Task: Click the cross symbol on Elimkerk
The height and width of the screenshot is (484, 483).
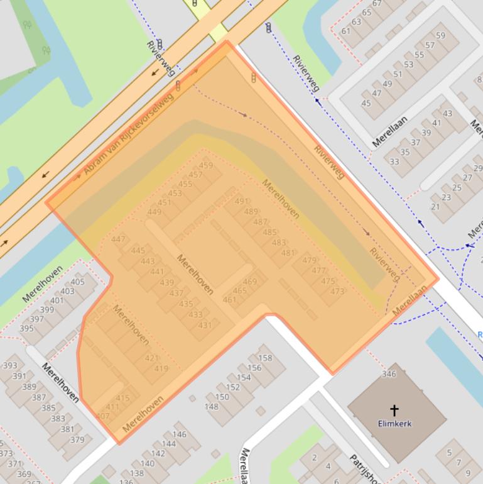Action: [x=394, y=410]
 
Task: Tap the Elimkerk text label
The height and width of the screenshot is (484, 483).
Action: [x=394, y=424]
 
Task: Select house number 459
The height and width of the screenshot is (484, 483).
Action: [x=205, y=166]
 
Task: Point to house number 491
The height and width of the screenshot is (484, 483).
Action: [x=242, y=202]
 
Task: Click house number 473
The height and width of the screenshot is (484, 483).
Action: [x=337, y=291]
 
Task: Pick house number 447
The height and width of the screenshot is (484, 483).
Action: [x=118, y=239]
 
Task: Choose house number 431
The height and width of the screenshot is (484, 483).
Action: [x=205, y=325]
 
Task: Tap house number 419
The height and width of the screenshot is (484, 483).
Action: [x=161, y=369]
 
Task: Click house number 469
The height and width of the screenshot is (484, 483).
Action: [x=249, y=282]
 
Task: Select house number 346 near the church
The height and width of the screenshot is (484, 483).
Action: [x=389, y=374]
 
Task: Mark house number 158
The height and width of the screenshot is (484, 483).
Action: [x=264, y=358]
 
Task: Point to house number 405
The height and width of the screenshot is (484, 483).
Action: [x=77, y=282]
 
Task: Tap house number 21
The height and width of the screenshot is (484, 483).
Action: [x=435, y=207]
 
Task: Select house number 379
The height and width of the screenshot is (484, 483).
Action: [x=77, y=439]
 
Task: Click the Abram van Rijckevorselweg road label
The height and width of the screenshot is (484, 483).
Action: [x=128, y=136]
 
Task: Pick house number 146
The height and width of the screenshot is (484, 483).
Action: [x=179, y=434]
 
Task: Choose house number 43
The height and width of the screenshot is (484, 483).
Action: [x=447, y=114]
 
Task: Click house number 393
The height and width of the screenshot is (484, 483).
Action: [x=10, y=365]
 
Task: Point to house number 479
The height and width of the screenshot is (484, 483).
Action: [x=309, y=260]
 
